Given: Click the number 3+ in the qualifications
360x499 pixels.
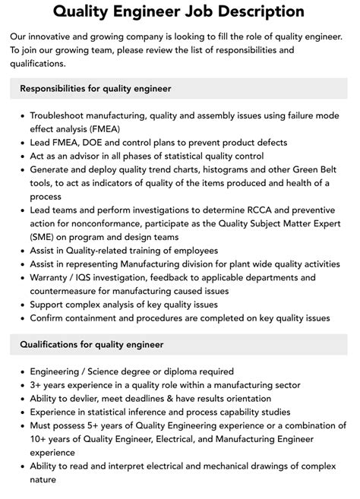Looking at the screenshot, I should click(x=37, y=385).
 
